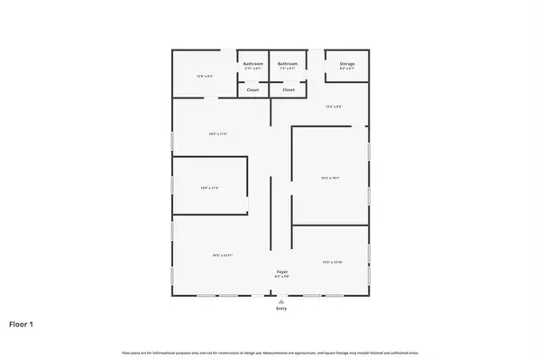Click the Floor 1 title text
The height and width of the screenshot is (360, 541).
click(x=21, y=323)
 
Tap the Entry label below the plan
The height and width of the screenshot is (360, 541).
click(x=281, y=309)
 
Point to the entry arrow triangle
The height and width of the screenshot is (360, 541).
click(x=281, y=300)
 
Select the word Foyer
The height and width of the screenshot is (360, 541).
click(x=281, y=271)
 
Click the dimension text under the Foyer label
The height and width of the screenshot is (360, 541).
click(x=281, y=276)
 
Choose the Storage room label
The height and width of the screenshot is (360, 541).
click(x=346, y=64)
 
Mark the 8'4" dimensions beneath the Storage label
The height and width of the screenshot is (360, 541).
click(x=346, y=69)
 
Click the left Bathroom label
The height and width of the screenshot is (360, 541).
click(x=253, y=64)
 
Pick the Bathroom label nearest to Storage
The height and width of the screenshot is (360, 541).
click(x=288, y=64)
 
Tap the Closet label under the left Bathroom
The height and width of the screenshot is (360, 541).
click(x=253, y=90)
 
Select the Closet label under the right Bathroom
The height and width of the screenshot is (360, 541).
click(x=288, y=90)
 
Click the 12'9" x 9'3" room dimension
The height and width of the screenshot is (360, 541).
click(x=204, y=76)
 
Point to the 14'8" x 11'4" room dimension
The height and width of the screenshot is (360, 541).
click(x=209, y=188)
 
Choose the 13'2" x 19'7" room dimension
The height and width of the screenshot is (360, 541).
click(x=329, y=178)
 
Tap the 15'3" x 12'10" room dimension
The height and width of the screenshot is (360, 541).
click(x=332, y=262)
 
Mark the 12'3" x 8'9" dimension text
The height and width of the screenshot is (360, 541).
click(x=335, y=107)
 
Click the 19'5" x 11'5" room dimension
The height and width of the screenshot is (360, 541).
click(x=217, y=134)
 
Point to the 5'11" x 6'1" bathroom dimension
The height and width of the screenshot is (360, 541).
click(x=253, y=69)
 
